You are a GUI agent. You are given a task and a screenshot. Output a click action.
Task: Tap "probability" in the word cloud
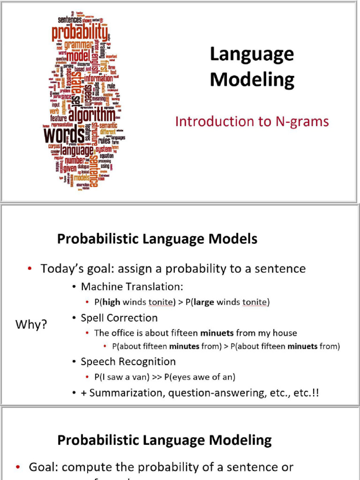79,33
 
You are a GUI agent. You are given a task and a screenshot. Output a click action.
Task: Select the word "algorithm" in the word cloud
91,115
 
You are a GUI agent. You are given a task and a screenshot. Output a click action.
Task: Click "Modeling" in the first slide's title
252,79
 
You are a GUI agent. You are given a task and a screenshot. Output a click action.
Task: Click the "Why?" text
31,324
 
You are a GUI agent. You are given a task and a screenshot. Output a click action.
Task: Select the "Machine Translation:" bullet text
132,286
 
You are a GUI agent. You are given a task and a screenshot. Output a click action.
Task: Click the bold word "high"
111,302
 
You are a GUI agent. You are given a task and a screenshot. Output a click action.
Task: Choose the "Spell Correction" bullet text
119,318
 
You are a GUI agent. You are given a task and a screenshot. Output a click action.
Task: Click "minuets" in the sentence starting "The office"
217,333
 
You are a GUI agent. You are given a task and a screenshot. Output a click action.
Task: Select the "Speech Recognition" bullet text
128,361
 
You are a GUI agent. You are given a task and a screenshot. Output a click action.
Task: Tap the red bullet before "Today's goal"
30,269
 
